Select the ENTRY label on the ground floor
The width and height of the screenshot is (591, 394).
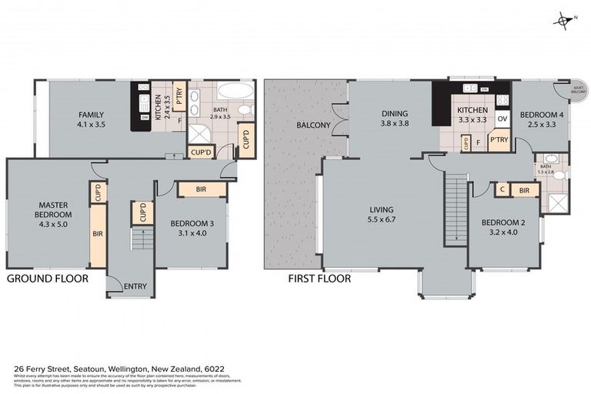135,286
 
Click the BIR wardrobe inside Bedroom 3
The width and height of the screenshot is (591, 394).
202,189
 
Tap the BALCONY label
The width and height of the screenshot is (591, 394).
313,125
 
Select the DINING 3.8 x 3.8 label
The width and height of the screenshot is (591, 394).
394,119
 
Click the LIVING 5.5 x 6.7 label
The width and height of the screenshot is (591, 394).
381,214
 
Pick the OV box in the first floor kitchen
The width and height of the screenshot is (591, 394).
502,119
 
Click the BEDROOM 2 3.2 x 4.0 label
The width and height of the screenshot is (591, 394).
503,228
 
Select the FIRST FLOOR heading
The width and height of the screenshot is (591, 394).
319,279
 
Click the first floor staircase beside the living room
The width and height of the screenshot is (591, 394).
456,208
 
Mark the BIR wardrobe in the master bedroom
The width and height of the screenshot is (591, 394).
98,233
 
